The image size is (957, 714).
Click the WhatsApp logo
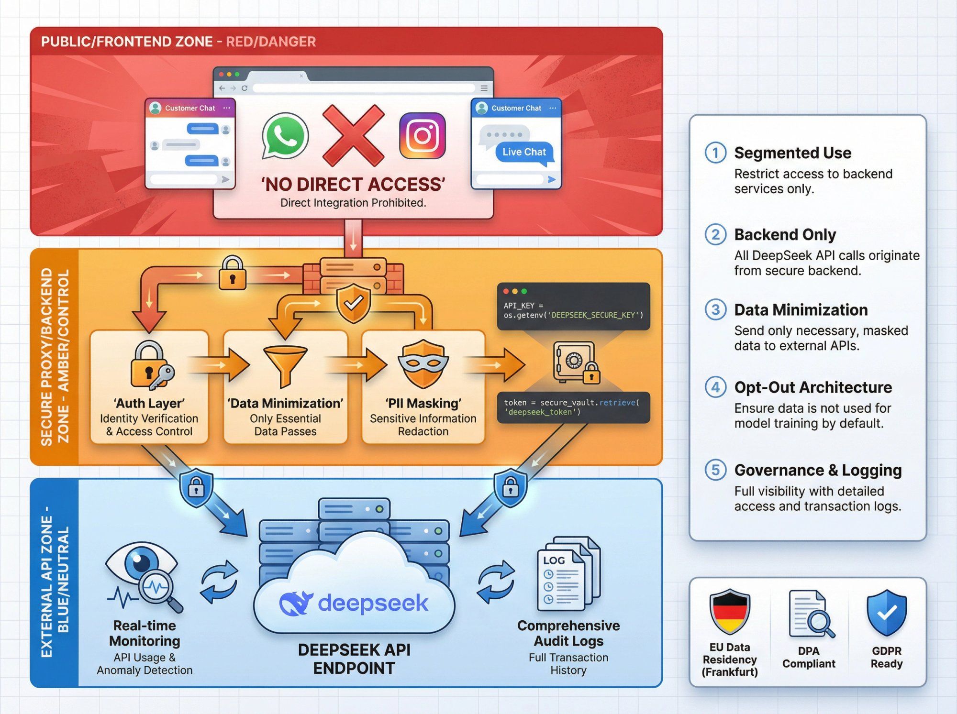point(285,136)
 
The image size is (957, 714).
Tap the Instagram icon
point(422,136)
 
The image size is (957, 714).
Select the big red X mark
point(353,135)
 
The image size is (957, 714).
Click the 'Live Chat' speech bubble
point(524,152)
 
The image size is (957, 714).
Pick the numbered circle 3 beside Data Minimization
point(715,310)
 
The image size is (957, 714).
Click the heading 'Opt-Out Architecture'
point(812,387)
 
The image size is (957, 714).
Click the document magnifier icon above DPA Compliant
point(810,614)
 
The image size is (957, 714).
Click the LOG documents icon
point(568,574)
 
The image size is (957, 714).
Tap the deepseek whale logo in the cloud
point(296,604)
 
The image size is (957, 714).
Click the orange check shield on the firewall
point(353,302)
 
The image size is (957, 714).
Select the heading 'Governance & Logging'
point(818,470)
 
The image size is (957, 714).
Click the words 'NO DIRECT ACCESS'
point(353,184)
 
